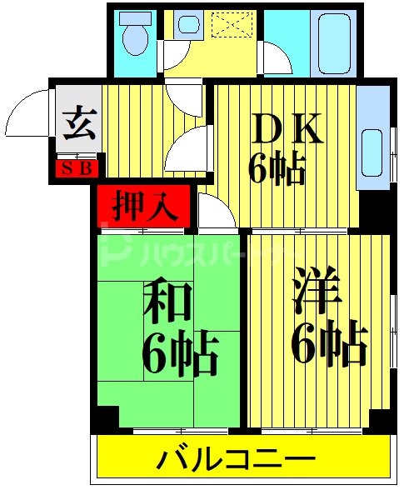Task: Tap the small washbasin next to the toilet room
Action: click(x=188, y=25)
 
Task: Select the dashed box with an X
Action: click(x=233, y=24)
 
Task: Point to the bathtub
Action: click(x=336, y=42)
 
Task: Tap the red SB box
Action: click(x=77, y=167)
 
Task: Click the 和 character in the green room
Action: click(x=168, y=302)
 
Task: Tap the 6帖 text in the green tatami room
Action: click(x=182, y=355)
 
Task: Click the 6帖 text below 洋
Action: click(x=329, y=342)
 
